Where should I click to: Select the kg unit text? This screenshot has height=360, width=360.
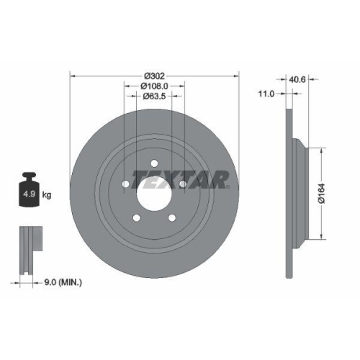(x=47, y=194)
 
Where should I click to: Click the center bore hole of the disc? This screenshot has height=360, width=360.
(x=154, y=192)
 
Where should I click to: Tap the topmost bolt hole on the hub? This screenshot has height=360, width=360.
(x=154, y=162)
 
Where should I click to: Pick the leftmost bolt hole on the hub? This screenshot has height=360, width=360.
(x=125, y=184)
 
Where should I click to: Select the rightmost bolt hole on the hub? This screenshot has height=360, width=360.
(x=183, y=184)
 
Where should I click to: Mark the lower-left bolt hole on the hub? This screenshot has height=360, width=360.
(x=136, y=217)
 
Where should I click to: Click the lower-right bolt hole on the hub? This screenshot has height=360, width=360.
(x=172, y=217)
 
